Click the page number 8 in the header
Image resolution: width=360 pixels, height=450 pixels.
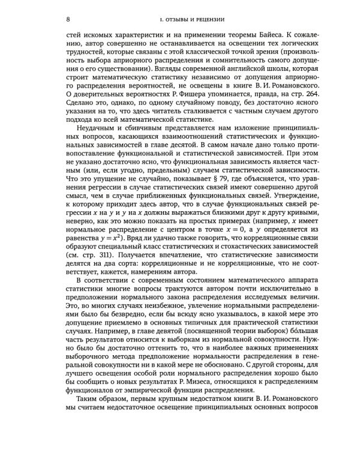click(67, 20)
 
